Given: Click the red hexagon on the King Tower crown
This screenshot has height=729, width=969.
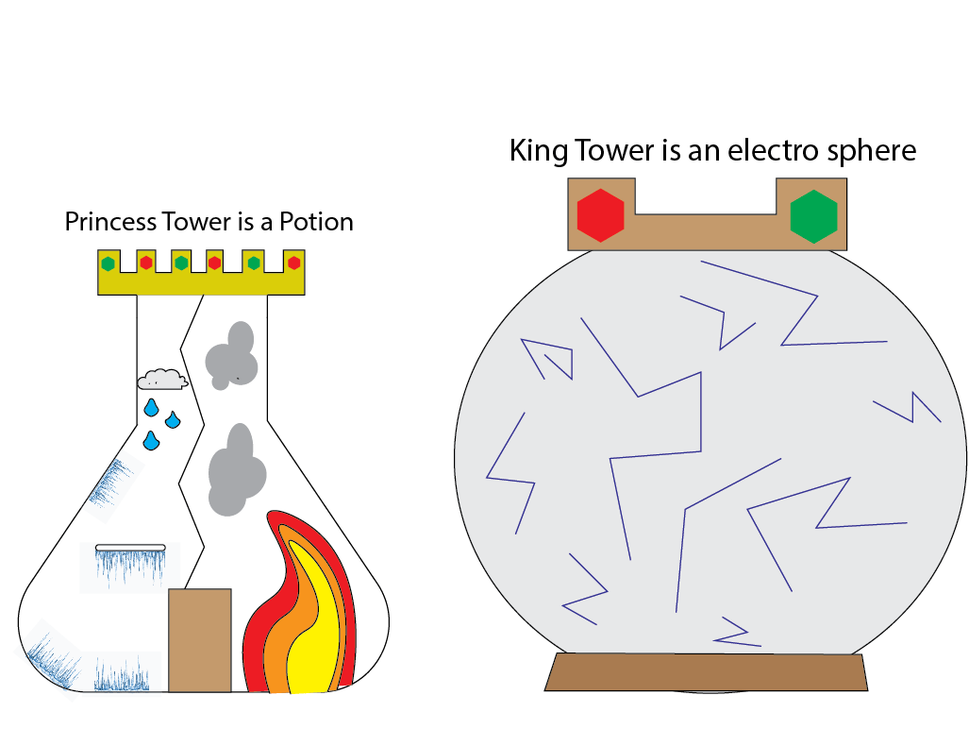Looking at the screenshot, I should tap(601, 214).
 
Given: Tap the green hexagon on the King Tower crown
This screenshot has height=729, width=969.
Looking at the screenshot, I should tap(813, 215).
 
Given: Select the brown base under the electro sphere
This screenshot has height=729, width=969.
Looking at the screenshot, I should tap(706, 671).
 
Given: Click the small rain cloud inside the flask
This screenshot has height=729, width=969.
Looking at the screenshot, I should tap(162, 380).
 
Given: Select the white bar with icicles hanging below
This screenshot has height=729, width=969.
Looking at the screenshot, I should tap(130, 547).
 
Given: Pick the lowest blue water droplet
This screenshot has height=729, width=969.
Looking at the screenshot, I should tap(151, 441).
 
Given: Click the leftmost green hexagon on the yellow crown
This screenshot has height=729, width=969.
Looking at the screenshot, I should tap(109, 263).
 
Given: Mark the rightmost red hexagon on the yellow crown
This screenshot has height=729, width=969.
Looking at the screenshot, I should tap(293, 263).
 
